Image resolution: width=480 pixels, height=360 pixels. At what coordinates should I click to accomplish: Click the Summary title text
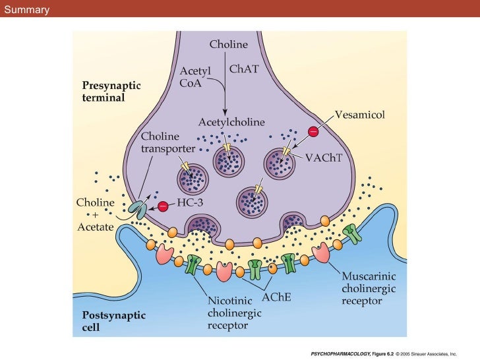coord(26,9)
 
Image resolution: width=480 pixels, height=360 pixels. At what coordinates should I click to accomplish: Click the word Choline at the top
coord(229,45)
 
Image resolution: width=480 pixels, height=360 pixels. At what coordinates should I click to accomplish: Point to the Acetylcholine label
coord(231,123)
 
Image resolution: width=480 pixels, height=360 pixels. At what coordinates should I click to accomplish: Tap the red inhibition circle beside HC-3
coord(162,206)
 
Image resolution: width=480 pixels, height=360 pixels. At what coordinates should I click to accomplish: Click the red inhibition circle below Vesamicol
coord(313,133)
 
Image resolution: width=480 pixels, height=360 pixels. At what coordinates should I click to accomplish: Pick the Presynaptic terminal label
coord(111,92)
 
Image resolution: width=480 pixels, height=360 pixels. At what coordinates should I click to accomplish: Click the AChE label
coord(277,297)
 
